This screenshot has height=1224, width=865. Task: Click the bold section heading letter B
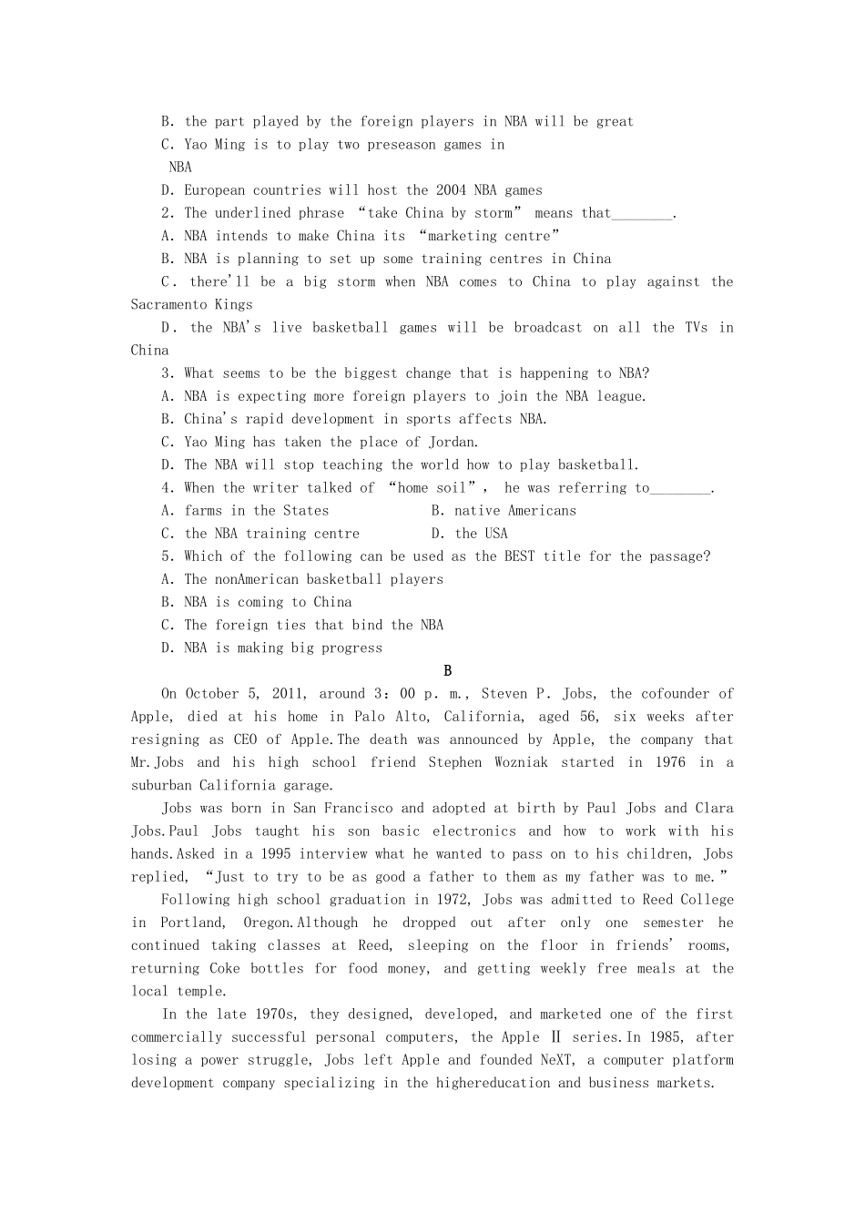(x=447, y=671)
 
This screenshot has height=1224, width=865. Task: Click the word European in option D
(x=215, y=190)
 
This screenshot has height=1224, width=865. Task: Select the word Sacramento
(x=168, y=305)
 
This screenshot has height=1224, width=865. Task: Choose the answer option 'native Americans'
(x=514, y=511)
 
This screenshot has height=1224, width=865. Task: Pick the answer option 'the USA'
(x=481, y=534)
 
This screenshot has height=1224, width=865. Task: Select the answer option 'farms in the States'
(x=256, y=511)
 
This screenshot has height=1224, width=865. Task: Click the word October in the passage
(x=215, y=694)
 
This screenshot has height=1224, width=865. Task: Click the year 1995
(x=276, y=854)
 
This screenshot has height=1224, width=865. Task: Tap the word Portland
(x=191, y=923)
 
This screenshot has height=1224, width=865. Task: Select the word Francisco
(x=359, y=809)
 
